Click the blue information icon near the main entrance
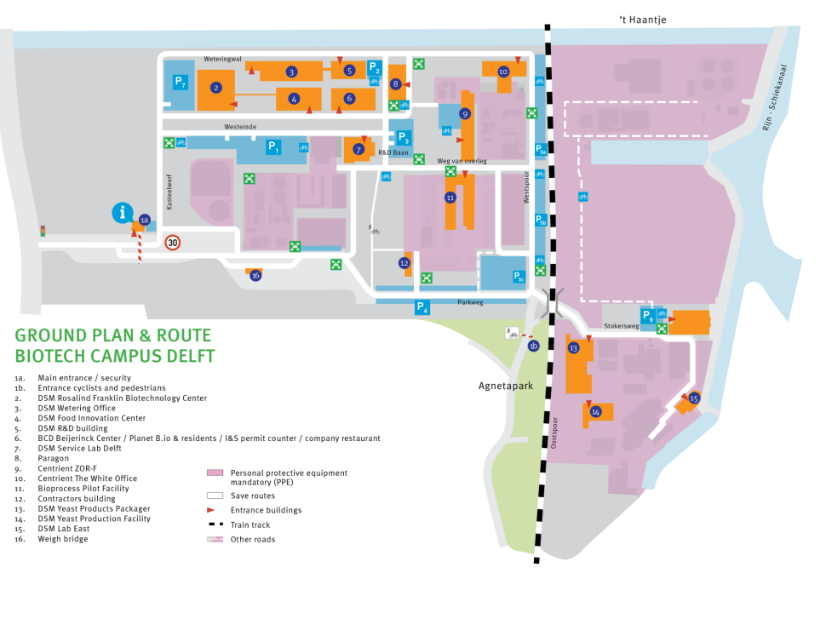coord(124,213)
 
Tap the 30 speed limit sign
coord(173,243)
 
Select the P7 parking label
coord(179,82)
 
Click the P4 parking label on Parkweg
coord(422,308)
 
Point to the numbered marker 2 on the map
coord(216,87)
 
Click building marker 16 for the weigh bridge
coord(255,275)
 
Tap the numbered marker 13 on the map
coord(574,348)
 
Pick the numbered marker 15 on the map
coord(694,398)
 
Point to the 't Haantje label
coord(646,19)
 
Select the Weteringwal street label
coord(223,59)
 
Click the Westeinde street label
coord(240,126)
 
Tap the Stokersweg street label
coord(621,324)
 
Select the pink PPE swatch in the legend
coord(215,473)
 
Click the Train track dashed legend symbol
coord(215,524)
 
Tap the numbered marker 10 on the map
coord(503,72)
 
